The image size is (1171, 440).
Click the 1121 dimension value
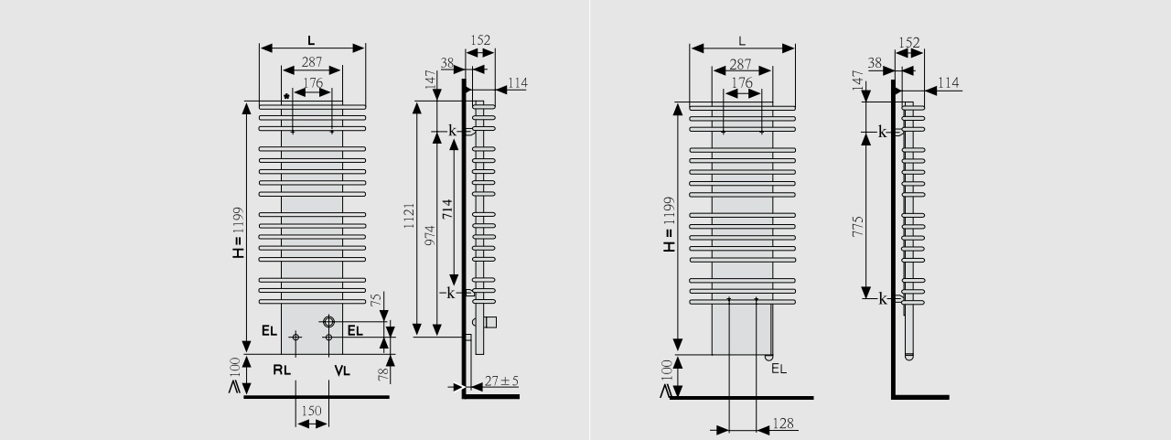pos(409,217)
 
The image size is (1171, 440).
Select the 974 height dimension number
pos(430,235)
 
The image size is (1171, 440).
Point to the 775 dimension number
pos(858,226)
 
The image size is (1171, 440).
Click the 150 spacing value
pos(311,412)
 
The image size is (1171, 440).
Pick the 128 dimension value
pos(784,424)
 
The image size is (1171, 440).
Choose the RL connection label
pos(282,370)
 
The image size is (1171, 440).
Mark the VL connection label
pos(342,370)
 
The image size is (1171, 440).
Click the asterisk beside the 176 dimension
pos(286,96)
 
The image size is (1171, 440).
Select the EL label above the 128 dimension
pos(779,369)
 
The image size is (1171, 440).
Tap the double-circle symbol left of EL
pos(328,322)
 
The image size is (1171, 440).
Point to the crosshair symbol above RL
pos(295,338)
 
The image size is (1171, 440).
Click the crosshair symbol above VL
pos(328,338)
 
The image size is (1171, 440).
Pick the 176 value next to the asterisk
pos(313,83)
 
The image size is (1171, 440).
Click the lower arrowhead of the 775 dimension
pos(865,293)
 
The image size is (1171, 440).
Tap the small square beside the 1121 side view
pos(489,322)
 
